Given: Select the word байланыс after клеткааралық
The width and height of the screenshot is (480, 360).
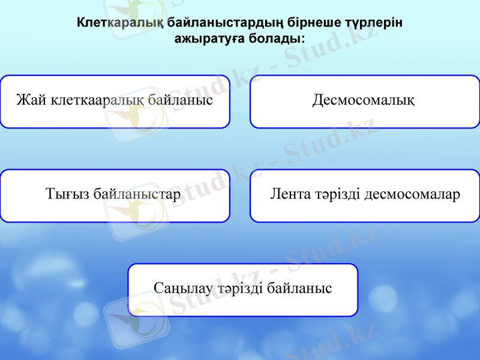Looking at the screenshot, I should (179, 100).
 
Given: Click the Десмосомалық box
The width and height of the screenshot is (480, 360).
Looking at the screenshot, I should (364, 101).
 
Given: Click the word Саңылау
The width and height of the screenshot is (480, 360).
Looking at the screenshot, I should (183, 288).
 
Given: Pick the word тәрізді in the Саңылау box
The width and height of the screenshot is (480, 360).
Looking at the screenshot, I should (240, 288).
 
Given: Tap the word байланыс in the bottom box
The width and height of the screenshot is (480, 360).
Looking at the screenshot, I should (299, 288).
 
